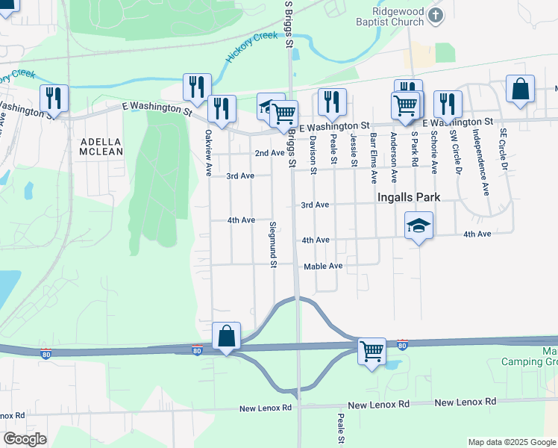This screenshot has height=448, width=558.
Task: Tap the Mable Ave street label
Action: (x=322, y=266)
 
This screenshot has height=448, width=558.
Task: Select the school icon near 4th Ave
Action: (x=419, y=225)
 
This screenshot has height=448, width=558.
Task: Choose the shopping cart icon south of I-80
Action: (x=372, y=349)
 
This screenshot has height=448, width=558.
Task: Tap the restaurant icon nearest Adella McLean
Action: (x=54, y=98)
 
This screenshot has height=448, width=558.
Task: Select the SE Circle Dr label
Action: (x=504, y=151)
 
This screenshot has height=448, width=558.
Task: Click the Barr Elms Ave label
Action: (x=373, y=158)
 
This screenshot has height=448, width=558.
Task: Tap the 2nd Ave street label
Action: (x=269, y=153)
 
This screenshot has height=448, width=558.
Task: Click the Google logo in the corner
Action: (x=25, y=439)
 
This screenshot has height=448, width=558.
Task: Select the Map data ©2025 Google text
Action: (x=511, y=442)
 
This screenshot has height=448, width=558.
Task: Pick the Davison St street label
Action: (x=313, y=155)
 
